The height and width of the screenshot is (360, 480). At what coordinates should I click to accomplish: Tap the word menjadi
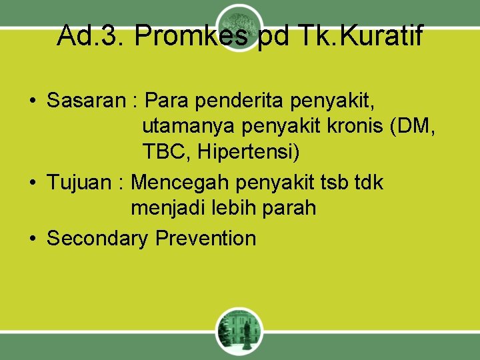click(169, 208)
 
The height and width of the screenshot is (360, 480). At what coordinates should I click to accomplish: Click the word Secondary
click(98, 237)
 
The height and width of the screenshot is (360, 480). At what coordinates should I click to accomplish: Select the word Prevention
click(206, 237)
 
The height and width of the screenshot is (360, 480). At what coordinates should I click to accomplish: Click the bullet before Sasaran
click(33, 101)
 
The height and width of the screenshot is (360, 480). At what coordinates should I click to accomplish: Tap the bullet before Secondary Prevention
click(33, 238)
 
